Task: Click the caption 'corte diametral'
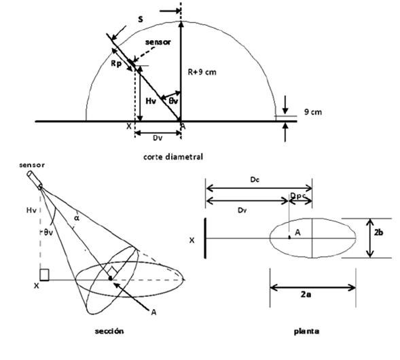[173, 157]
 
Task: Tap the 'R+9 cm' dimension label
[202, 72]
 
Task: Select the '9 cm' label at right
[313, 112]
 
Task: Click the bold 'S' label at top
[141, 19]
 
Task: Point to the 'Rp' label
[116, 63]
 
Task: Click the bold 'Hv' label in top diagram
[151, 101]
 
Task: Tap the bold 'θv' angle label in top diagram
[173, 101]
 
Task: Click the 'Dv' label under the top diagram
[158, 138]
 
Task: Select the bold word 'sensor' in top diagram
[158, 42]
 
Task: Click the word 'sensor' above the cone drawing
[32, 165]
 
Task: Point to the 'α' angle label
[77, 217]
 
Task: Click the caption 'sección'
[109, 331]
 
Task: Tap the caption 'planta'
[306, 331]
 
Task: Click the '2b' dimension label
[378, 232]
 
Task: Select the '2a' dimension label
[306, 294]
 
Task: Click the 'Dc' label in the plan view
[255, 179]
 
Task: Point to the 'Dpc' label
[298, 196]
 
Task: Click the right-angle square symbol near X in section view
[44, 275]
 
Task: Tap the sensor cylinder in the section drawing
[35, 180]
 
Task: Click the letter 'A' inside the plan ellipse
[297, 232]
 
